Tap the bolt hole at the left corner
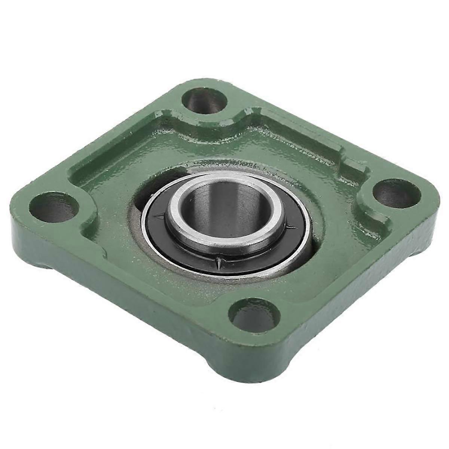coord(52,207)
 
